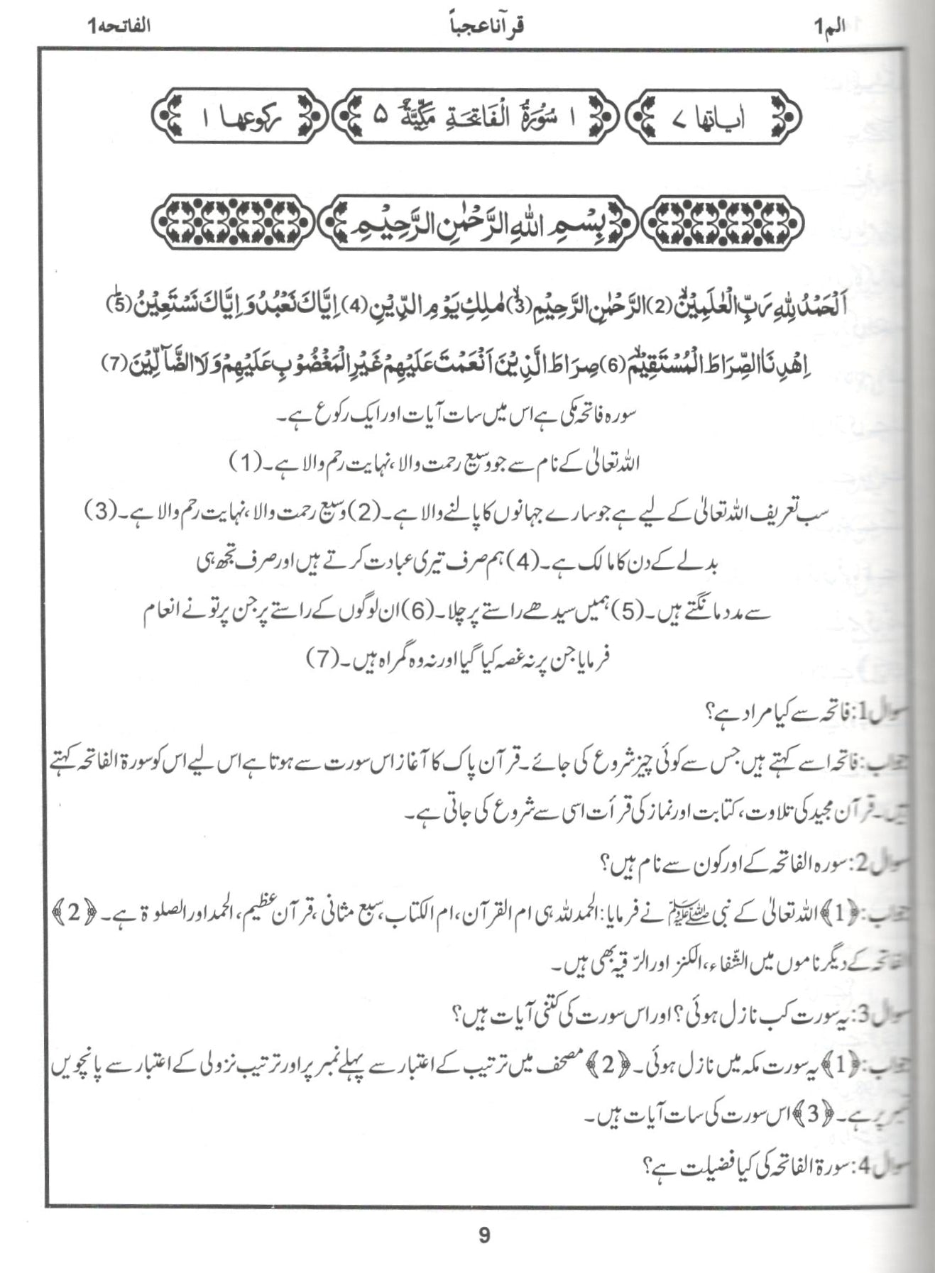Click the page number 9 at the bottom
[x=484, y=1236]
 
